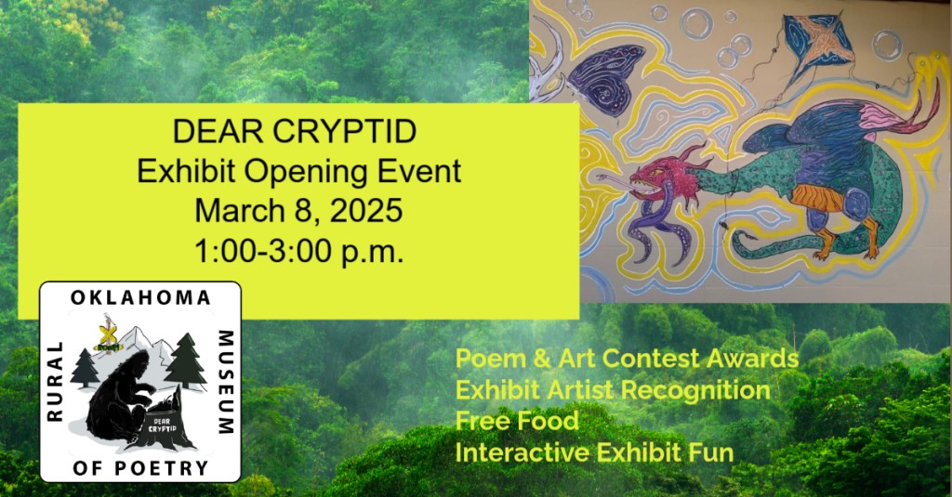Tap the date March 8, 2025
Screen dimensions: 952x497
click(298, 211)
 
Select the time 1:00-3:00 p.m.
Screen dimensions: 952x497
click(298, 251)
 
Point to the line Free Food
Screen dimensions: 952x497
click(517, 421)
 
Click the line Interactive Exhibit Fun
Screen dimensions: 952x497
click(594, 452)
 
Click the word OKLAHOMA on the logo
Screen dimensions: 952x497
click(140, 297)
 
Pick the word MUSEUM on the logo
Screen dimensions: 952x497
click(226, 383)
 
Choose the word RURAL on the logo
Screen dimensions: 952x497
click(55, 381)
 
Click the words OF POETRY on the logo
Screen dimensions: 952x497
click(140, 468)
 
